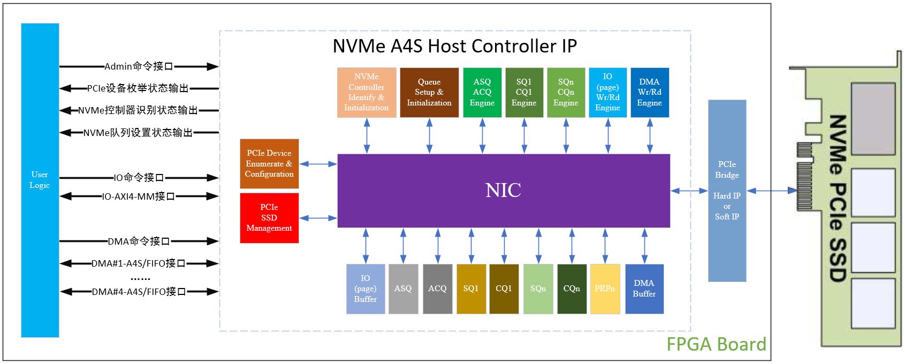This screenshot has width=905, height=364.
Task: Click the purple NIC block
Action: click(x=503, y=191)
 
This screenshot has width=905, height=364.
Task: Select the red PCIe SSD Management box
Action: click(x=269, y=218)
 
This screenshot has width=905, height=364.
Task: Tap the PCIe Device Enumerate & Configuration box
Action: click(x=269, y=164)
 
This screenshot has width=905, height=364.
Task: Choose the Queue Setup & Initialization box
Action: click(x=429, y=93)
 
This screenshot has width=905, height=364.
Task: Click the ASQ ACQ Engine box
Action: click(x=482, y=93)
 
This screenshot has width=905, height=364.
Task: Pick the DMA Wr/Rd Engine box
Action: click(x=649, y=93)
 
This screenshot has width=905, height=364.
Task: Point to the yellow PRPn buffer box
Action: click(x=605, y=289)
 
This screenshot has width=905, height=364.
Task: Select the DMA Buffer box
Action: click(x=644, y=289)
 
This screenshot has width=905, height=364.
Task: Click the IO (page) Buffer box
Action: click(x=366, y=289)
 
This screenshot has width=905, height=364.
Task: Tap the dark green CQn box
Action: click(x=572, y=289)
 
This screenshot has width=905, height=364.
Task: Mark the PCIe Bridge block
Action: click(x=727, y=191)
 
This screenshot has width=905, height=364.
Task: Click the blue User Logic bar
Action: click(x=40, y=180)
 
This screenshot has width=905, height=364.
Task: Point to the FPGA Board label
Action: click(x=716, y=344)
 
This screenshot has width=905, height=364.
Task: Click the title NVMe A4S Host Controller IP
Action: click(x=454, y=46)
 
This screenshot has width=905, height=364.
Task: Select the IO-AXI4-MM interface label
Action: click(x=139, y=196)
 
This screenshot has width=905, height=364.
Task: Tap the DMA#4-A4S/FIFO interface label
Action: click(x=139, y=292)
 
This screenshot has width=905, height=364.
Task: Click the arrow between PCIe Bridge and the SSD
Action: click(x=771, y=191)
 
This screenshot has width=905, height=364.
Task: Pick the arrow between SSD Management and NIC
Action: click(x=318, y=218)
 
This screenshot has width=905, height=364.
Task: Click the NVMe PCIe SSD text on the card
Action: click(x=838, y=198)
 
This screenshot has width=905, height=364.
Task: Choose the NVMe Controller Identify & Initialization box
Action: click(x=367, y=93)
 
